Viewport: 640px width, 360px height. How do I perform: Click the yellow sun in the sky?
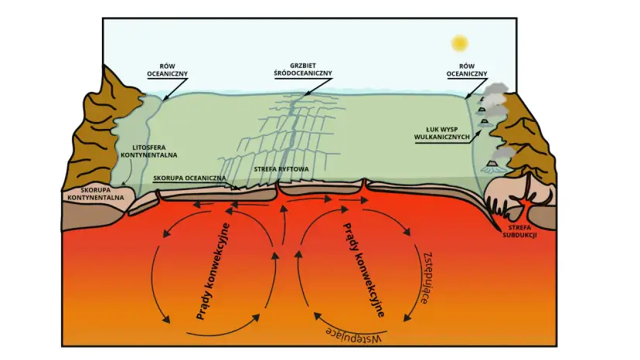(x=460, y=43)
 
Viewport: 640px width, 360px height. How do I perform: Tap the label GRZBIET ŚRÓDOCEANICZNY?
(x=303, y=70)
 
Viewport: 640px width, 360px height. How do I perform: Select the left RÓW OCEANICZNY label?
(x=168, y=70)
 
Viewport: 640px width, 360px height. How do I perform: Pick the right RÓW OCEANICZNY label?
(x=467, y=70)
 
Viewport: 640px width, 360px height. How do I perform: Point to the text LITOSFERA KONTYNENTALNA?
(x=149, y=151)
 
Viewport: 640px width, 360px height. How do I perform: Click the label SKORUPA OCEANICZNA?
(x=189, y=178)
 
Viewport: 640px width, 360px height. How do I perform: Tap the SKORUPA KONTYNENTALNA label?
(x=96, y=194)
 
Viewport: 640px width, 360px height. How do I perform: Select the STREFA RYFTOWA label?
(x=281, y=169)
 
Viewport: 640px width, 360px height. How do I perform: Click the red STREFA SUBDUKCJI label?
(x=519, y=231)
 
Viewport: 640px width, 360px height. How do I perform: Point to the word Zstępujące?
(x=427, y=278)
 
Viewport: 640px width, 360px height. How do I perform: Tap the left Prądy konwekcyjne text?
(x=213, y=271)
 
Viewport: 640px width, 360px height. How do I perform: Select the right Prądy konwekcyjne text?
(x=364, y=270)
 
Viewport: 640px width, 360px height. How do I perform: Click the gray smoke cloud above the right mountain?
(x=496, y=90)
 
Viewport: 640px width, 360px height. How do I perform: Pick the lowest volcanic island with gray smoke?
(x=492, y=166)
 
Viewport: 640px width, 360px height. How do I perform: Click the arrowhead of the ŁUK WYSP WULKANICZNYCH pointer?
(x=478, y=133)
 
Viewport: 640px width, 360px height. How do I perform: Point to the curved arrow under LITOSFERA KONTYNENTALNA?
(x=128, y=172)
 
